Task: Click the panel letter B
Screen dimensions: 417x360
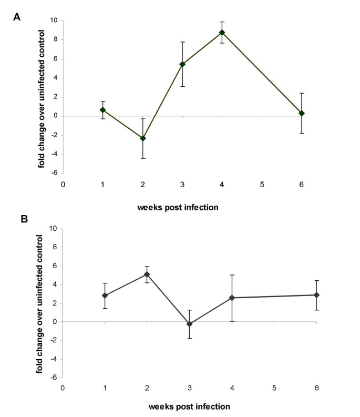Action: [17, 217]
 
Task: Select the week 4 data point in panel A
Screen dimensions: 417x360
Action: [222, 33]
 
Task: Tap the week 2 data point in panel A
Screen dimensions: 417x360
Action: [142, 138]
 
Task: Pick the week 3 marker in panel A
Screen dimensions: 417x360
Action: [182, 64]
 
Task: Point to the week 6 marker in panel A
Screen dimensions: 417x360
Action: [302, 113]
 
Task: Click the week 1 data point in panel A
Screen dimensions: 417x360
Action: [103, 110]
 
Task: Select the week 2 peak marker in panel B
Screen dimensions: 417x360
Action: [147, 274]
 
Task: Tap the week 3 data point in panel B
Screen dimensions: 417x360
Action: [189, 324]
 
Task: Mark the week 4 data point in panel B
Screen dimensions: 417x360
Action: [231, 298]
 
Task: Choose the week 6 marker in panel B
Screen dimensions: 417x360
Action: [316, 295]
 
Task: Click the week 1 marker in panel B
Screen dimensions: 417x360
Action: [105, 296]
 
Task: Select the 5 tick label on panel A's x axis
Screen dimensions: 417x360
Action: [262, 184]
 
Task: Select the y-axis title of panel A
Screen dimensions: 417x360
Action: [40, 97]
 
